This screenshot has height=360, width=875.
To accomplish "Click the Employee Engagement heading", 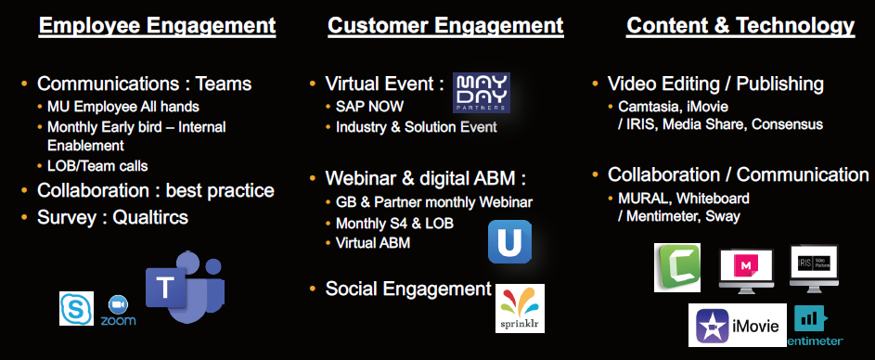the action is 158,26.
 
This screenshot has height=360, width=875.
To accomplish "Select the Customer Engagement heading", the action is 446,26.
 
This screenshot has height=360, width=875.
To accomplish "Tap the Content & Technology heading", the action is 740,26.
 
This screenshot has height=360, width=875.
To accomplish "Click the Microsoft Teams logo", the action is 186,287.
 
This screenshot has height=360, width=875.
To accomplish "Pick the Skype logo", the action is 76,308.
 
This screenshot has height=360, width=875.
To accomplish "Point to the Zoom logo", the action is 118,311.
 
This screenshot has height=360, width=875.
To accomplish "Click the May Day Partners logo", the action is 481,93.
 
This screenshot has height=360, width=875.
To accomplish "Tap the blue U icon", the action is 509,241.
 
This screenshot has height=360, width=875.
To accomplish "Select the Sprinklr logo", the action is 520,309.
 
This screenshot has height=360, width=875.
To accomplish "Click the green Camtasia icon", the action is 677,267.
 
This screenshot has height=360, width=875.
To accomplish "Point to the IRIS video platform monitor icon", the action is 814,268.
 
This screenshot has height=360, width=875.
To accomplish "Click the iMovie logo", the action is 737,326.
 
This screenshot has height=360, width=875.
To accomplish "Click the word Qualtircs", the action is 150,217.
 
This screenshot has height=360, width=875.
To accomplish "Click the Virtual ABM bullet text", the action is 373,243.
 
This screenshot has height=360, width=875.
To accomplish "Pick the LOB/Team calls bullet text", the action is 97,166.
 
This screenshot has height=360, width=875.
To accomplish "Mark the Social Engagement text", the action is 408,289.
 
